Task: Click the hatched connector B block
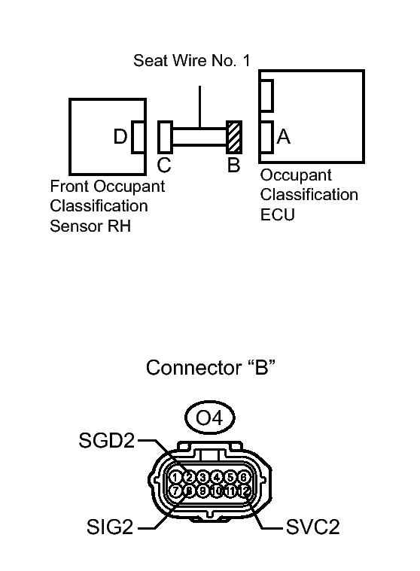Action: [x=234, y=137]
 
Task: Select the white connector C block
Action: [x=165, y=137]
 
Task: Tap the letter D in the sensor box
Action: [x=120, y=137]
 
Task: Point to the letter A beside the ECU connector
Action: [x=284, y=137]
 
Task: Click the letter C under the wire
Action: [x=164, y=165]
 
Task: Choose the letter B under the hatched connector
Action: [x=234, y=165]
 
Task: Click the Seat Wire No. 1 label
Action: [x=192, y=60]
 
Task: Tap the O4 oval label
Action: [x=209, y=418]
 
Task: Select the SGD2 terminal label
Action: [x=107, y=440]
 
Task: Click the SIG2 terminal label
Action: [x=110, y=527]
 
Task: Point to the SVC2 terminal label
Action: [x=313, y=527]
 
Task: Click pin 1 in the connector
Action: [x=175, y=478]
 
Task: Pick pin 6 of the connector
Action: [x=243, y=478]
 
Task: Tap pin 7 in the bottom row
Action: [x=175, y=491]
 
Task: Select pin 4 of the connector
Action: [x=216, y=478]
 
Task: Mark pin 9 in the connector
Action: [x=202, y=491]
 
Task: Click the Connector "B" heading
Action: [x=211, y=367]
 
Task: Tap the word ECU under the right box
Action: [x=278, y=214]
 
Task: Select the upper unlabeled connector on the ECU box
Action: [x=266, y=96]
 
